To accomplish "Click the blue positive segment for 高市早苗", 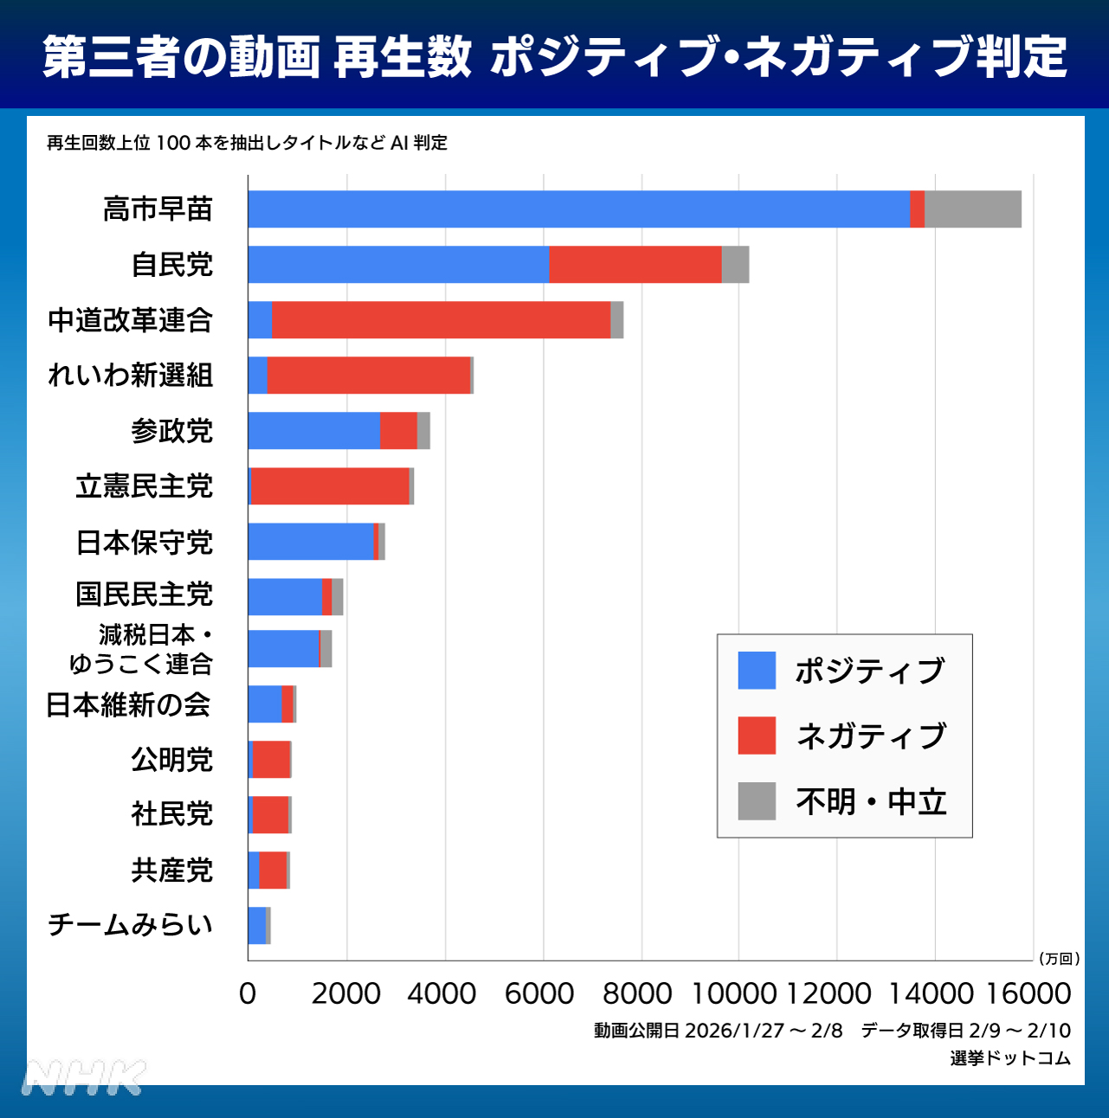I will point(578,209).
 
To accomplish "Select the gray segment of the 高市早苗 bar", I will point(972,209).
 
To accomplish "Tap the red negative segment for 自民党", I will point(635,265).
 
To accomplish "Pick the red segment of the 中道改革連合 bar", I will point(441,320).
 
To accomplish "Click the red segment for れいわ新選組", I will point(369,376).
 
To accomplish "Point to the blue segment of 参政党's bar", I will point(314,431).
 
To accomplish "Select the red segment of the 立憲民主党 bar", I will point(330,486).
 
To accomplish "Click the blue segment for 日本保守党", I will point(311,542).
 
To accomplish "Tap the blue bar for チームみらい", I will point(257,926).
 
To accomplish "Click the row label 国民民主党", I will point(144,595).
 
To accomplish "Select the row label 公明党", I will point(171,760).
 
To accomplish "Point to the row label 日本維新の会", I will point(128,705).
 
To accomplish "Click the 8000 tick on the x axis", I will point(637,993).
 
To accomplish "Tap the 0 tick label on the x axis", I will point(248,993).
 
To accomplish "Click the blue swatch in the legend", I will point(757,671).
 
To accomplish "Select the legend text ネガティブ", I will point(871,736).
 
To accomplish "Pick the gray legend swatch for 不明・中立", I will point(757,801).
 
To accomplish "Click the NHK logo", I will point(85,1078).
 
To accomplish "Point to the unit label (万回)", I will point(1059,959).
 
